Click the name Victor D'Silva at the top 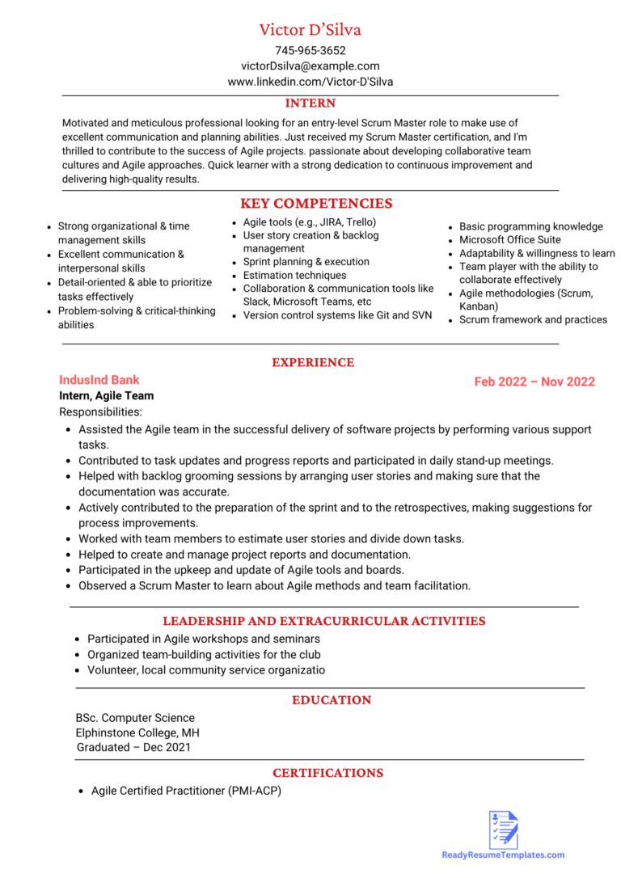[x=310, y=30]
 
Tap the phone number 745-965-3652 [x=310, y=50]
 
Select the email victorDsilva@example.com [x=310, y=66]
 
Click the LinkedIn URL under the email [x=310, y=82]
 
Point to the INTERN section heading [x=310, y=103]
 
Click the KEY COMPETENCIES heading [x=316, y=204]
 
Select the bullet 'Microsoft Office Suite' [x=509, y=240]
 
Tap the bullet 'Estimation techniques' [x=294, y=276]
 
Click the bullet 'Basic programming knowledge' [x=530, y=226]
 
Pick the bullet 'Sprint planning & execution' [x=306, y=262]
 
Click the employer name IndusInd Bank [x=99, y=380]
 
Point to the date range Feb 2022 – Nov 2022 [x=534, y=382]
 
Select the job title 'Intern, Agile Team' [x=106, y=396]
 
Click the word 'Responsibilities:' [x=100, y=412]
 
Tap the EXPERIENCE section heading [x=312, y=363]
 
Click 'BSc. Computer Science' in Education [x=135, y=718]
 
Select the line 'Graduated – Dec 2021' [x=133, y=748]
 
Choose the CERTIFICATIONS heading [x=327, y=773]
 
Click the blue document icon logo [x=503, y=829]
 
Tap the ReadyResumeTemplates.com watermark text [x=503, y=855]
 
